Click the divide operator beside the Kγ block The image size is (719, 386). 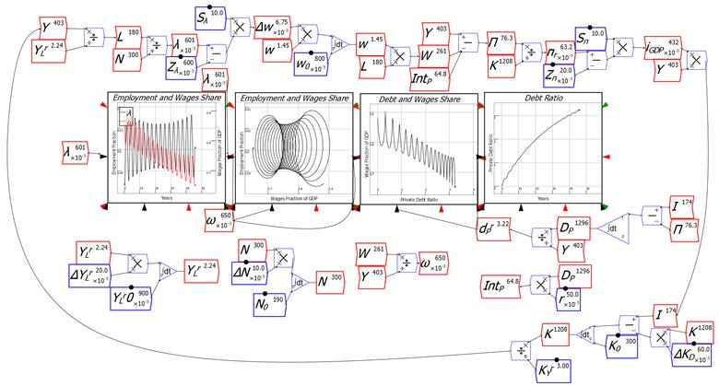point(522,352)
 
